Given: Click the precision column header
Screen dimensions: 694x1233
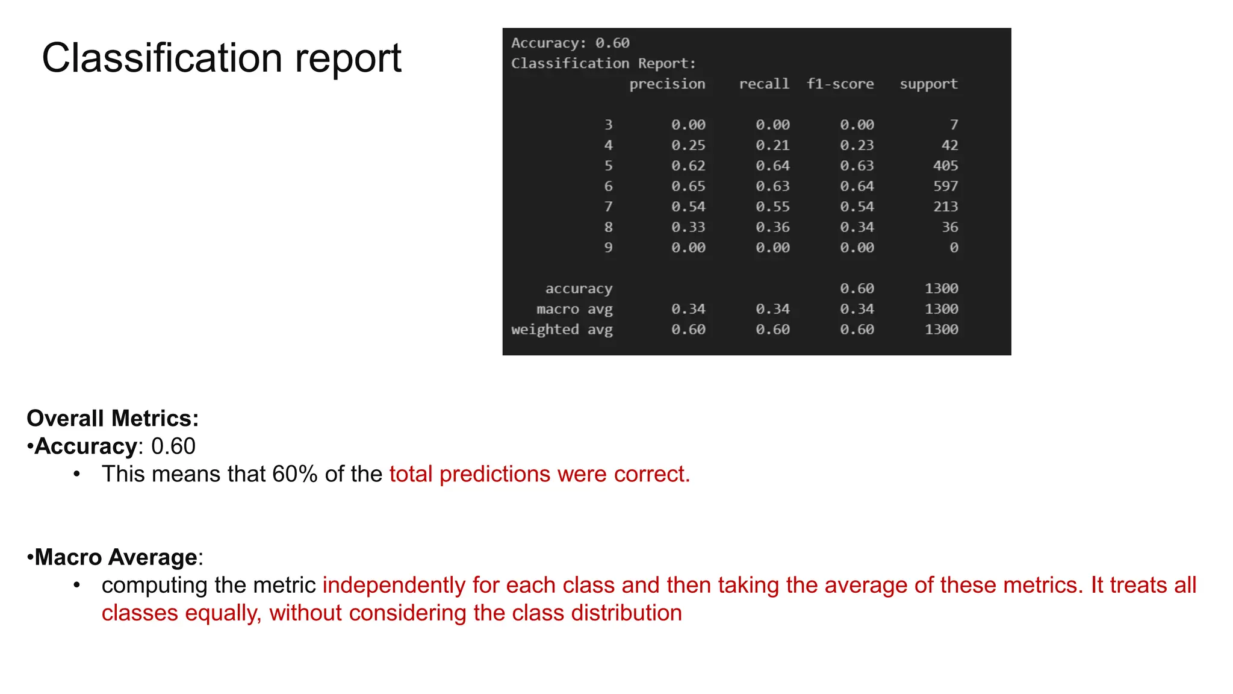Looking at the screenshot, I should [x=667, y=84].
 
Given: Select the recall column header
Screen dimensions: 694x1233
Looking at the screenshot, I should [x=764, y=84].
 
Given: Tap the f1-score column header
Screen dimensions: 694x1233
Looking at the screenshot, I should [x=840, y=84].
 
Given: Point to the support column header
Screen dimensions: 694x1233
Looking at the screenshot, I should [x=928, y=84].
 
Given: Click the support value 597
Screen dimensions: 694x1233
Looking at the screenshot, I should [x=945, y=186].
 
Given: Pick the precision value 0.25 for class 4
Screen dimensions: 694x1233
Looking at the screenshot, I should [x=688, y=145].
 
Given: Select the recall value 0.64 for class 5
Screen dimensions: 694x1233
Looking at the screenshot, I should [x=772, y=166].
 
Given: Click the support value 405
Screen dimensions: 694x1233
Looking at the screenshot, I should [x=945, y=166].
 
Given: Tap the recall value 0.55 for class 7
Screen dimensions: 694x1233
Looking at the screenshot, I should [x=772, y=207].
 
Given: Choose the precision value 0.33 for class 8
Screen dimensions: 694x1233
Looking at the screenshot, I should [x=688, y=227].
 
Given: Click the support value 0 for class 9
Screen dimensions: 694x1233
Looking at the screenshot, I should [x=954, y=248].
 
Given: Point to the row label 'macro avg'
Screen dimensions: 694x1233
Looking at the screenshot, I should [x=574, y=309].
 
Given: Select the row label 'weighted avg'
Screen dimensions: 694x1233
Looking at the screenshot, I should [x=562, y=330].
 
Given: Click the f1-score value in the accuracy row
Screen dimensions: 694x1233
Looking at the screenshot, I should [x=857, y=289].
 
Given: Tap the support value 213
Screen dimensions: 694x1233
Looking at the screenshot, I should [x=945, y=207].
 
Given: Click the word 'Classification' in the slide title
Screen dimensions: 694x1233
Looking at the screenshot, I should [x=162, y=58].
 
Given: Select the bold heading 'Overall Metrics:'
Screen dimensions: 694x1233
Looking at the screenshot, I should [x=113, y=418].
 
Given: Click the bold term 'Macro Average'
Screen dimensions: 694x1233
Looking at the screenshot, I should [x=116, y=557].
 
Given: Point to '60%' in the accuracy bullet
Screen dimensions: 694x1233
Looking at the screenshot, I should [x=294, y=474].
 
